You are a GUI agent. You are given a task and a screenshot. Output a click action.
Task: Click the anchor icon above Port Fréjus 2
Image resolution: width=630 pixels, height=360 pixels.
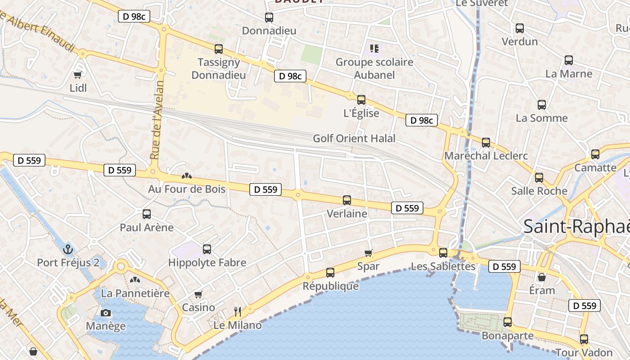click(x=68, y=249)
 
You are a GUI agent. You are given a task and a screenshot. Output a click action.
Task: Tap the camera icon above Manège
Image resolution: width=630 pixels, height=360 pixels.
click(x=106, y=313)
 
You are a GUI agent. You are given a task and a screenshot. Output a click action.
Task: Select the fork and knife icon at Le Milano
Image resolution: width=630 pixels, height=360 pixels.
click(x=238, y=311)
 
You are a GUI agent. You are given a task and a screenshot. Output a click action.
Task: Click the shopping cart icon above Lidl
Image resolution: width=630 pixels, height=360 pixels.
click(x=78, y=75)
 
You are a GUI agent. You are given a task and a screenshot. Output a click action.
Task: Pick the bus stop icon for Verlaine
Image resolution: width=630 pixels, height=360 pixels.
click(x=346, y=200)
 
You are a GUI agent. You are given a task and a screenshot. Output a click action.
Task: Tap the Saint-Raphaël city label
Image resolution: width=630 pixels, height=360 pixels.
click(x=576, y=226)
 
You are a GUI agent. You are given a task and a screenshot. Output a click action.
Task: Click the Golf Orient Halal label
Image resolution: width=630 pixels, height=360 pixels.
click(x=354, y=138)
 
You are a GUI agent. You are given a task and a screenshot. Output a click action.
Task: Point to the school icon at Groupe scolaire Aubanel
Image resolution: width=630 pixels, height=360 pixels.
click(x=374, y=48)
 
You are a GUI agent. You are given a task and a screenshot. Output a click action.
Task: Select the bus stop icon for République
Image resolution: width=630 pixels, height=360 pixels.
click(x=330, y=273)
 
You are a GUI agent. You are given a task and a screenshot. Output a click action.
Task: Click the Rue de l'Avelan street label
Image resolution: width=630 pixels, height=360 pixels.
click(x=156, y=120)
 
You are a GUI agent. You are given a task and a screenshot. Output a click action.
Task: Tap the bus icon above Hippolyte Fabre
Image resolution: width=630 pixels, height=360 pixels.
click(x=207, y=249)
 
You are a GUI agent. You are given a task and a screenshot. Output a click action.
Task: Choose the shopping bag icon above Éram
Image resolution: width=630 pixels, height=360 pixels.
click(x=542, y=277)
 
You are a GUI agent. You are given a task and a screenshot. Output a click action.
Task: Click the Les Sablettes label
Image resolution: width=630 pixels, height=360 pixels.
click(x=443, y=266)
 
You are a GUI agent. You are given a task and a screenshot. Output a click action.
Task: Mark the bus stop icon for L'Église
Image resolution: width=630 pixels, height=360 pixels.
click(x=361, y=100)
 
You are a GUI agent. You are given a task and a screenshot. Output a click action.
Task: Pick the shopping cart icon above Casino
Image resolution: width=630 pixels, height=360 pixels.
click(x=198, y=294)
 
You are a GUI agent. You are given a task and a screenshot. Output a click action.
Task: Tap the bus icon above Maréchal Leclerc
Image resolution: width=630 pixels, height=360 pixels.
click(x=486, y=143)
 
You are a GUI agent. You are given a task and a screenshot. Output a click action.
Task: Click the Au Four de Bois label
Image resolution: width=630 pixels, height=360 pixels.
click(x=187, y=189)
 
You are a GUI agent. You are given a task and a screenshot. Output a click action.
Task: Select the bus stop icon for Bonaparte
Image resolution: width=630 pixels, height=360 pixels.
click(x=508, y=322)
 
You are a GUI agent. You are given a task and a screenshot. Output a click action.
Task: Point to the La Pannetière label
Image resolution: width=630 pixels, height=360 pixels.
click(x=135, y=293)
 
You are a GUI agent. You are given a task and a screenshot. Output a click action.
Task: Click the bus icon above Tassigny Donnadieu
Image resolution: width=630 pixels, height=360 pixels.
click(x=219, y=49)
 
